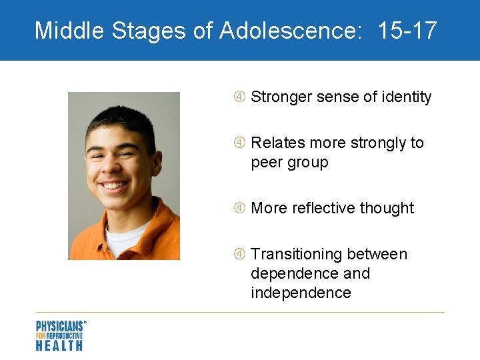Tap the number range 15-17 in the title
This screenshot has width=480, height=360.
(x=407, y=30)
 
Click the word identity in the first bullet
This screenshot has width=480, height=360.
(x=406, y=97)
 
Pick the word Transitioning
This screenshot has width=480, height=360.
(x=297, y=254)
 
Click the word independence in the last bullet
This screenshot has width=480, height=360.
(x=301, y=293)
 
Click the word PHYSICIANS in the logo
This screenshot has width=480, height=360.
(x=59, y=327)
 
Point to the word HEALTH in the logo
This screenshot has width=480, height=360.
(x=59, y=345)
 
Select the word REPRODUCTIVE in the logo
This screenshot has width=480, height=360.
(x=64, y=336)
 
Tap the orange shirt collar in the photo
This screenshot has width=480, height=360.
(x=157, y=223)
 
